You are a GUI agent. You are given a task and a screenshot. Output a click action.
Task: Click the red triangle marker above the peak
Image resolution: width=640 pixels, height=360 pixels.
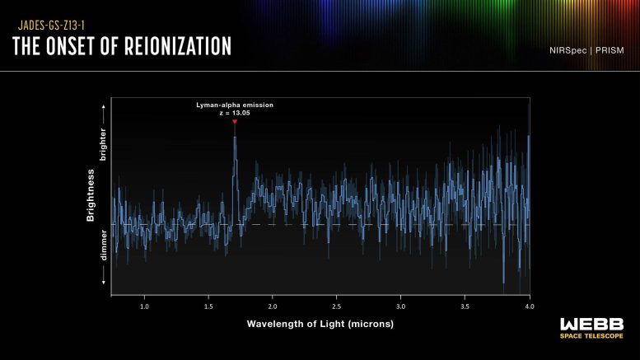(235, 123)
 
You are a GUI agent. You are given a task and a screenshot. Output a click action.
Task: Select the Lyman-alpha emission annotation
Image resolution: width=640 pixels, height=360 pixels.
(234, 106)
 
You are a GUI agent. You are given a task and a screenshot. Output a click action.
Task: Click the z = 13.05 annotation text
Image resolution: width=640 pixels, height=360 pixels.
(234, 115)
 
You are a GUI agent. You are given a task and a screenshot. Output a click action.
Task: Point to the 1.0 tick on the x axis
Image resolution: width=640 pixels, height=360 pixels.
(144, 306)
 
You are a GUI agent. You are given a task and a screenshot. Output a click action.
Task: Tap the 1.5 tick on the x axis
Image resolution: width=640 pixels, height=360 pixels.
(208, 306)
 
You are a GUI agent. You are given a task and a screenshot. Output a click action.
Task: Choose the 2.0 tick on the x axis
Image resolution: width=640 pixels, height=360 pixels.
(273, 306)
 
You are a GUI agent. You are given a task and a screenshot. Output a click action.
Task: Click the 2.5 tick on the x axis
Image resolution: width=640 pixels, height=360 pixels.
(337, 306)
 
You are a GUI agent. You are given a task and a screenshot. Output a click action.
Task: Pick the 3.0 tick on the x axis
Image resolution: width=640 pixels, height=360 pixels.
(401, 306)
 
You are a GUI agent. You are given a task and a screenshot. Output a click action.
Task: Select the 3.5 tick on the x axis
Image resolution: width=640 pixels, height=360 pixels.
(465, 306)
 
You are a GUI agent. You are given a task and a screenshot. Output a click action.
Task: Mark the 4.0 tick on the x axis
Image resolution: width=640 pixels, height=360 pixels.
(529, 306)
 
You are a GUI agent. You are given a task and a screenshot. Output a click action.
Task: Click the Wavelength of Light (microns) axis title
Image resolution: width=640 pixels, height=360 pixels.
(320, 324)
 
